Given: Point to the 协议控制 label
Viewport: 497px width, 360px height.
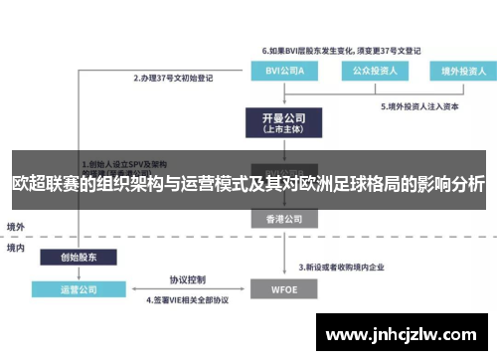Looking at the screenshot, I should point(187,279).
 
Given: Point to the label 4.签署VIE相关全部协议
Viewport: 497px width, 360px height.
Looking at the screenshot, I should point(188,299).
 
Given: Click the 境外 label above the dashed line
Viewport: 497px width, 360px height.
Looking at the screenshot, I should point(17,227).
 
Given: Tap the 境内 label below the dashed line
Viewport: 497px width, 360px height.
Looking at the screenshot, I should point(17,247).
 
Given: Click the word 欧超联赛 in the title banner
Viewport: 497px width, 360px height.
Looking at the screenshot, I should point(45,185).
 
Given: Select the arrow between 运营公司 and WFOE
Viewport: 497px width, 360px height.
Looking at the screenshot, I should point(187,289).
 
